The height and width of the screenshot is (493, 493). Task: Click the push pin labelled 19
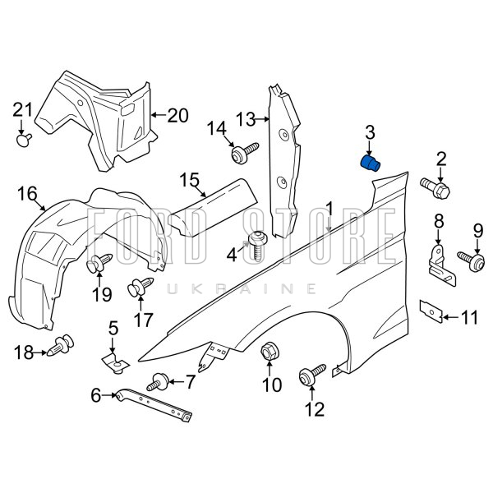tap(101, 264)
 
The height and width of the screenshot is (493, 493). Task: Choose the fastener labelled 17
tap(136, 288)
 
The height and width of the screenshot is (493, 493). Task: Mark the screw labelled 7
tap(159, 382)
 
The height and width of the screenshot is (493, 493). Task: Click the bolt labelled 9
tap(475, 260)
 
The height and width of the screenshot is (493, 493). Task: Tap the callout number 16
tap(27, 194)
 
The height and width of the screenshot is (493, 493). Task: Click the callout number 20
tap(177, 115)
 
